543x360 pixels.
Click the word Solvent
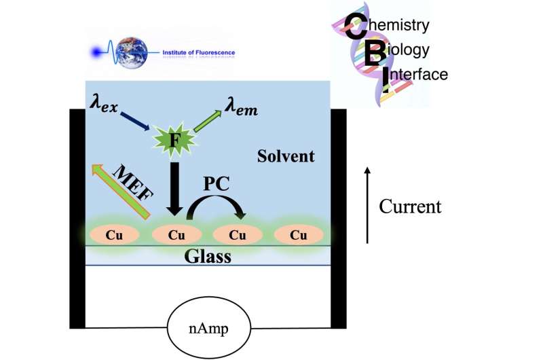pos(286,157)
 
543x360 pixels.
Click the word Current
pos(409,206)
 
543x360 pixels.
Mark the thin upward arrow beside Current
pos(367,204)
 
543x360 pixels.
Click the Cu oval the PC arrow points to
pos(238,235)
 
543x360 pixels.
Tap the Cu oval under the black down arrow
pos(176,235)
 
